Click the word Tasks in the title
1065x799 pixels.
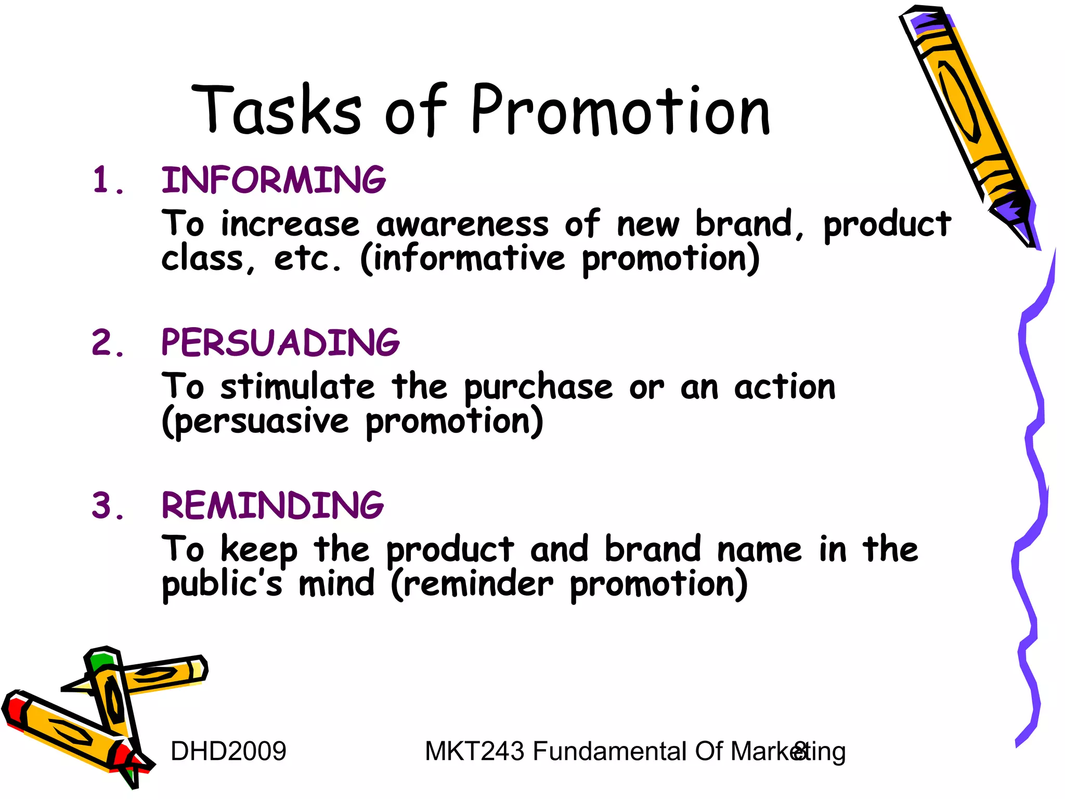click(x=277, y=110)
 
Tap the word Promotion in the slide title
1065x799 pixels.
click(x=620, y=110)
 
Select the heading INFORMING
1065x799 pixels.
click(x=274, y=180)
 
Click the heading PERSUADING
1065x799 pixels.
click(x=280, y=343)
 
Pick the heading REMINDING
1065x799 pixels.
click(x=272, y=506)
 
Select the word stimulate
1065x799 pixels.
click(x=297, y=387)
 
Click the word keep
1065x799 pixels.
click(x=259, y=550)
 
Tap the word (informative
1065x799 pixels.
click(x=462, y=259)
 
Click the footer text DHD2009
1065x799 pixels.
click(x=228, y=751)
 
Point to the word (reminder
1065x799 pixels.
click(x=472, y=584)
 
